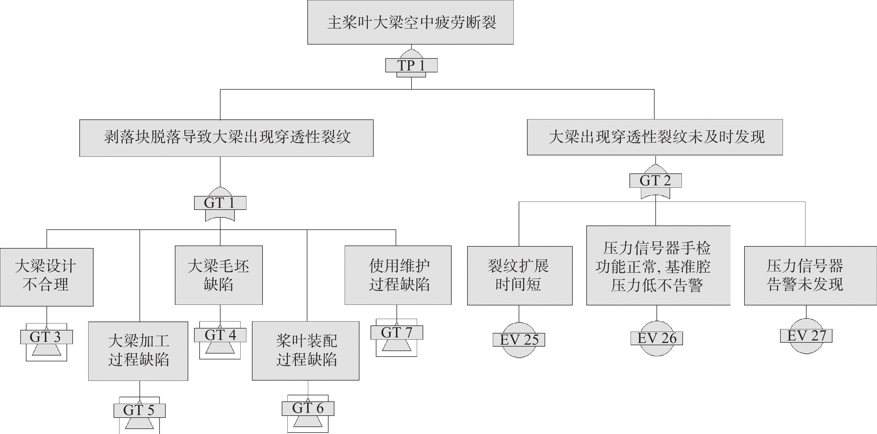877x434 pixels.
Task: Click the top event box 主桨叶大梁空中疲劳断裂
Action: pos(411,22)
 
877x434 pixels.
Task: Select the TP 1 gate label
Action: pos(411,65)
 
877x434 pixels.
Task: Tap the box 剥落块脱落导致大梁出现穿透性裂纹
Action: pos(226,138)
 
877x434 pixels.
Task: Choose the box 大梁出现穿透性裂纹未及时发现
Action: pos(655,137)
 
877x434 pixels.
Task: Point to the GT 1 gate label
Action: pos(220,203)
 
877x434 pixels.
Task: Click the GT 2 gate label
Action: pos(656,180)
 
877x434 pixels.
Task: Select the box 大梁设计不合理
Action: pos(47,277)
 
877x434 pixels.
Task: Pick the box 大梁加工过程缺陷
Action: pos(138,351)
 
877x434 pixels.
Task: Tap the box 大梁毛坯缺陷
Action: pos(219,275)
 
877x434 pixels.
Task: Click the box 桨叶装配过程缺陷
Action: pos(306,350)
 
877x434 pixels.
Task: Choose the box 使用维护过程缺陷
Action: pos(398,275)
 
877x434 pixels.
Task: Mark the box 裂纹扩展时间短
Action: pos(520,276)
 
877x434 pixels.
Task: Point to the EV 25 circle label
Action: pos(519,340)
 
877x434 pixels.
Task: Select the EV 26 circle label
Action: pos(657,338)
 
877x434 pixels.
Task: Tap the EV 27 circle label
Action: pos(806,336)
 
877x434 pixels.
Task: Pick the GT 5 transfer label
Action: pos(139,411)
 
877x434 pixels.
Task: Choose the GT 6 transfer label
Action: pos(308,408)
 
